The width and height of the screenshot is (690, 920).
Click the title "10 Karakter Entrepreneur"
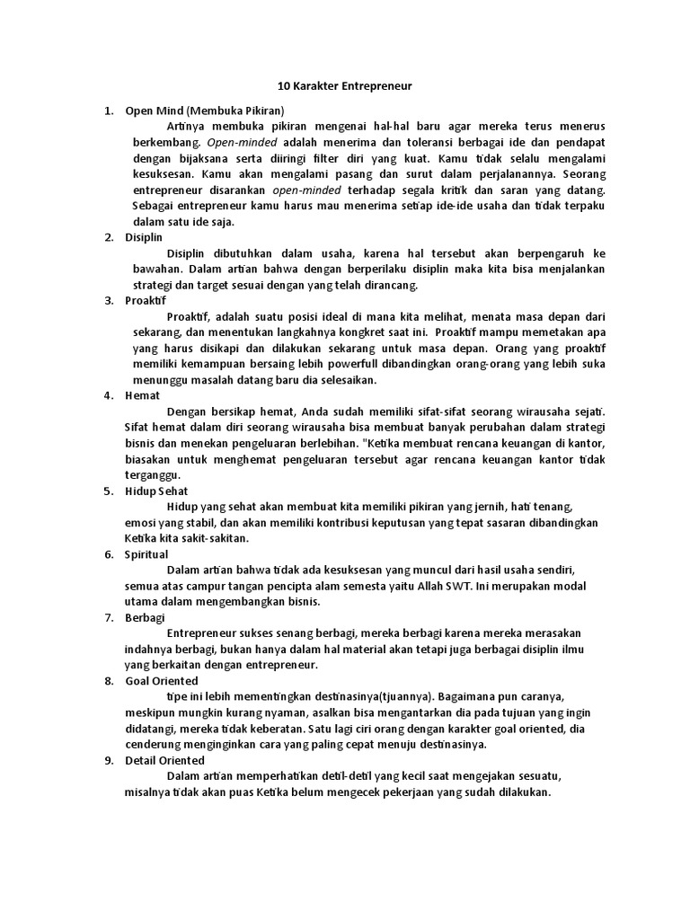(x=345, y=85)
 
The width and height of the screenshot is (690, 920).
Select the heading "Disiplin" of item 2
(x=144, y=237)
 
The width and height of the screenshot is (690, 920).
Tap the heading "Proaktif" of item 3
(x=146, y=300)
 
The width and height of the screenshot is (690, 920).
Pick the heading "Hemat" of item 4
(x=142, y=394)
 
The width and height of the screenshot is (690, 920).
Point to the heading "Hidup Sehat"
(x=157, y=491)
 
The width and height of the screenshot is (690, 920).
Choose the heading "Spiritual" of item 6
(x=146, y=554)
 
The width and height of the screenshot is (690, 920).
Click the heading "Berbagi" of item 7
(x=144, y=617)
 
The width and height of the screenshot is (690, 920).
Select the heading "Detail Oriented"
(x=164, y=760)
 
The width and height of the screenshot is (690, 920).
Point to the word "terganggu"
(x=153, y=475)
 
